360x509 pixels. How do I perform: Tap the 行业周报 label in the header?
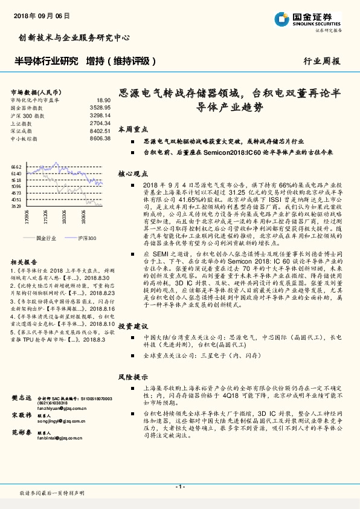pyautogui.click(x=321, y=61)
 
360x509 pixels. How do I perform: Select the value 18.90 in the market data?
pyautogui.click(x=103, y=100)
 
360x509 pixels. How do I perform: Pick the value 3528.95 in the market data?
pyautogui.click(x=100, y=106)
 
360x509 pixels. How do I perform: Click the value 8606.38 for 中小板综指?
pyautogui.click(x=100, y=138)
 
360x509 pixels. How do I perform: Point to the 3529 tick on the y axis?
pyautogui.click(x=16, y=206)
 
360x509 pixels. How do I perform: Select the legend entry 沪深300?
pyautogui.click(x=86, y=238)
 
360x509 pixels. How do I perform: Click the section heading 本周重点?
pyautogui.click(x=130, y=129)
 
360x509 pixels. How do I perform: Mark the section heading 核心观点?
pyautogui.click(x=130, y=173)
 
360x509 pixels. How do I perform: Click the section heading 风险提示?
pyautogui.click(x=130, y=377)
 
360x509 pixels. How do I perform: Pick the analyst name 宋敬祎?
pyautogui.click(x=21, y=416)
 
